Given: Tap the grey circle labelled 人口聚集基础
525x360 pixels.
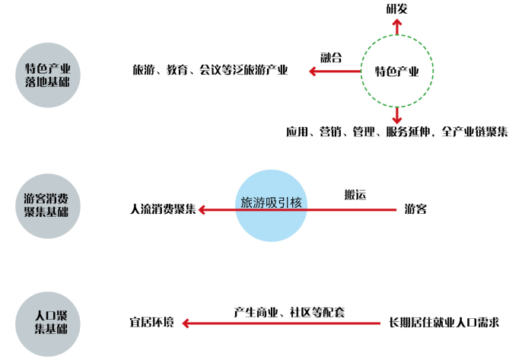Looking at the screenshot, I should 47,323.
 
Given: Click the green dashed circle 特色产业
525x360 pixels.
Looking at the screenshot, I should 396,72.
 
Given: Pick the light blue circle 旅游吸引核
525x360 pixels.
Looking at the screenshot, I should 271,204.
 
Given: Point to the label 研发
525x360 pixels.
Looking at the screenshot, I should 397,9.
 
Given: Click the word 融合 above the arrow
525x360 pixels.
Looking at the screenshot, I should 331,58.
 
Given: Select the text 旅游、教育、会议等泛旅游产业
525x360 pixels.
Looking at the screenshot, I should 210,71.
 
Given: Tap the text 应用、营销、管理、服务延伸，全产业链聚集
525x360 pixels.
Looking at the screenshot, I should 396,132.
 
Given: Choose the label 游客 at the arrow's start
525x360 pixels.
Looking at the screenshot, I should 415,209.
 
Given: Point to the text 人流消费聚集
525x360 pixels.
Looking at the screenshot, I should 163,209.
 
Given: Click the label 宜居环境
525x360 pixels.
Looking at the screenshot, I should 151,323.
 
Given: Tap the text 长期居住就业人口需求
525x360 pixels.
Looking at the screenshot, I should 444,323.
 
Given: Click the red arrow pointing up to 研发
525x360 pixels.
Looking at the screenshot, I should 396,28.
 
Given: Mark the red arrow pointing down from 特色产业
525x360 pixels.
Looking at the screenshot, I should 396,115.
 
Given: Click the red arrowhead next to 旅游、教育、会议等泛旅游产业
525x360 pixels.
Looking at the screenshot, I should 313,72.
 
